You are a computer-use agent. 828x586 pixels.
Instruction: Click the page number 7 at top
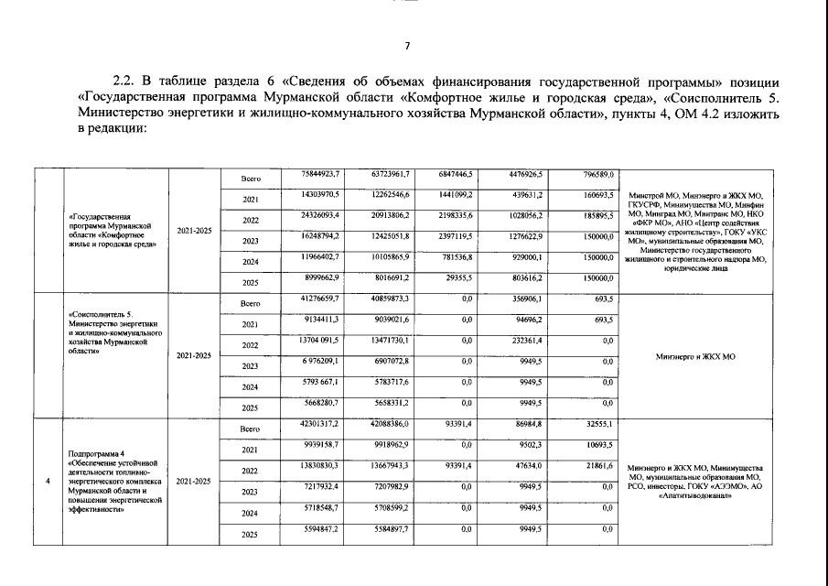pyautogui.click(x=409, y=47)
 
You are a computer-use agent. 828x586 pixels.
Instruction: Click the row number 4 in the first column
pyautogui.click(x=47, y=481)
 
